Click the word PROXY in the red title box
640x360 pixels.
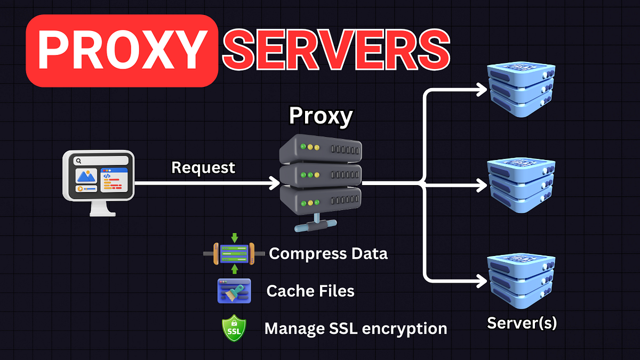[122, 51]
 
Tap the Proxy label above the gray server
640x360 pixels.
[321, 116]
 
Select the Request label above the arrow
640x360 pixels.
[203, 167]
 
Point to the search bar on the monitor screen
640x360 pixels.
[101, 160]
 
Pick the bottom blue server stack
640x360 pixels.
[522, 281]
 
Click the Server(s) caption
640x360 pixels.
[522, 322]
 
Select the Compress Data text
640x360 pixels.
[328, 253]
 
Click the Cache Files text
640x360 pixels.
[310, 291]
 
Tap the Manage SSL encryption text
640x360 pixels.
[356, 328]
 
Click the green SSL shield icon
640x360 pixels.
[234, 329]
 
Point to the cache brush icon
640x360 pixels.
[234, 291]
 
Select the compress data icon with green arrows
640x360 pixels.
[234, 253]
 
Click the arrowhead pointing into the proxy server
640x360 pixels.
[275, 183]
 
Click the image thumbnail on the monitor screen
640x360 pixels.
[86, 176]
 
